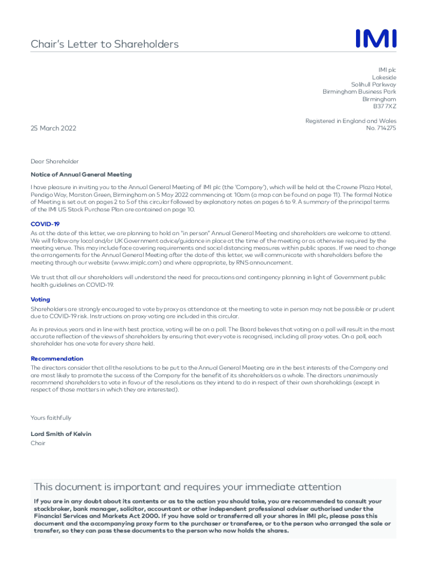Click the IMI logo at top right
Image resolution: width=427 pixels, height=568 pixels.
coord(375,39)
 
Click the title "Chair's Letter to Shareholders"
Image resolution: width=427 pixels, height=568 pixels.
coord(104,44)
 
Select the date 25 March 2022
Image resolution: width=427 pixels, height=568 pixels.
coord(53,129)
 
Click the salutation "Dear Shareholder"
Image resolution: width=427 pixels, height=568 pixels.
coord(55,161)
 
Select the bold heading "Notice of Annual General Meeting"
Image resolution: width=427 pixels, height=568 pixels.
coord(81,175)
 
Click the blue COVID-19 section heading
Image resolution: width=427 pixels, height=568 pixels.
coord(45,224)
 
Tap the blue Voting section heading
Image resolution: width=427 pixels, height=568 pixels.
coord(40,300)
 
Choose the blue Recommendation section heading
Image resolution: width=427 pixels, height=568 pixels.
coord(57,359)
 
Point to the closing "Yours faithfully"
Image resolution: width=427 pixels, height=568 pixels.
coord(51,418)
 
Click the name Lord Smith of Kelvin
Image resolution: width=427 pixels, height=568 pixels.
coord(61,434)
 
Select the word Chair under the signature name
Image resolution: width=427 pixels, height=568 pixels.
coord(38,443)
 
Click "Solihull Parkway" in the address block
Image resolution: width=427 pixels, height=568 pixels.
coord(373,84)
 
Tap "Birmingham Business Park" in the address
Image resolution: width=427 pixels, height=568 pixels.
coord(359,92)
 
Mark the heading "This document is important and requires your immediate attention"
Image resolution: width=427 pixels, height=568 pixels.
coord(187,487)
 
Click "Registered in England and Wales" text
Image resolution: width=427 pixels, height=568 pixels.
coord(350,121)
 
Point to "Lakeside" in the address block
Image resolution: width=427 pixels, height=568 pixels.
coord(384,77)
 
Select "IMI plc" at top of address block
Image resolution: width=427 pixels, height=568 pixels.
coord(387,70)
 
